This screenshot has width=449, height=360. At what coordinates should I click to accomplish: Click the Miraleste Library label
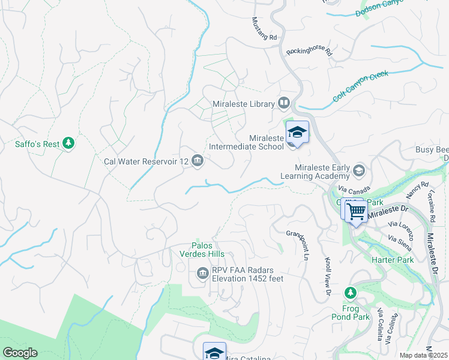coord(243,104)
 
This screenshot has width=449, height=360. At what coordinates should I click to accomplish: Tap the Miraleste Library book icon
coord(284,103)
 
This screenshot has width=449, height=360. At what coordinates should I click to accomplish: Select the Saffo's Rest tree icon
coord(69,143)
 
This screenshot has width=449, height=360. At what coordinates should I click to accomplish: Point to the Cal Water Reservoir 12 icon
coord(197,161)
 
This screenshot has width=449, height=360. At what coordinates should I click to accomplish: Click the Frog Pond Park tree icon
coord(351,292)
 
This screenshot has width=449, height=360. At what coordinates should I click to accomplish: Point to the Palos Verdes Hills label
coord(207,250)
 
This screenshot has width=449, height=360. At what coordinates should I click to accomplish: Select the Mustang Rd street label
coord(264,29)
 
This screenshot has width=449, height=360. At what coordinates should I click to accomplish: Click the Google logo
coord(20,353)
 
